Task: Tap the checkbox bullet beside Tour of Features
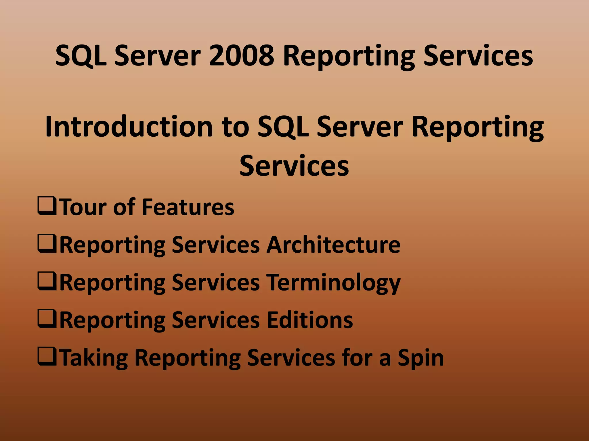pos(47,206)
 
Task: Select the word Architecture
pos(333,245)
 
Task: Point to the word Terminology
pos(333,283)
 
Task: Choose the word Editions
pos(310,320)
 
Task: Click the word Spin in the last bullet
pos(421,358)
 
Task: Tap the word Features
pos(188,207)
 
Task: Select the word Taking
pos(94,358)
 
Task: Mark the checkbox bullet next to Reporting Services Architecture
pos(47,243)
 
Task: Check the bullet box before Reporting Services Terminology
pos(47,281)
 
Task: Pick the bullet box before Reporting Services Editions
pos(47,319)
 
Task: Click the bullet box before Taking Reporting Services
pos(47,356)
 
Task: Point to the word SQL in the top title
pos(81,56)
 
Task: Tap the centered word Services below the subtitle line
pos(294,166)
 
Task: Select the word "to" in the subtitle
pos(235,126)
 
